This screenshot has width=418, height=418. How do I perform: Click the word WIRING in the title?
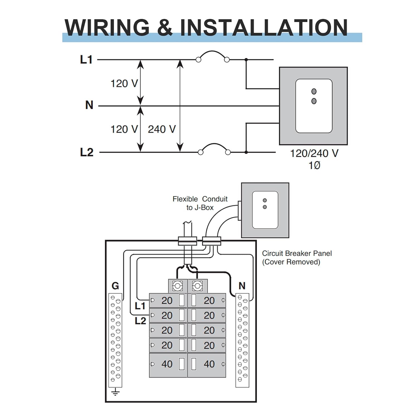(x=107, y=27)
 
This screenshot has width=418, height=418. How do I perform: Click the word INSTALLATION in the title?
(x=264, y=27)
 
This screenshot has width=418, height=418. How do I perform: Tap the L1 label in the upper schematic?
(x=86, y=60)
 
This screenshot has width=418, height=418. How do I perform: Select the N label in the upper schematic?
(x=89, y=105)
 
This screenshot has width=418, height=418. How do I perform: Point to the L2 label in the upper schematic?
(x=87, y=152)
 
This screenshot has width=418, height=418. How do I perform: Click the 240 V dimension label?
(x=162, y=129)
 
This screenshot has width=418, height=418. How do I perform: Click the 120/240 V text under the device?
(x=314, y=153)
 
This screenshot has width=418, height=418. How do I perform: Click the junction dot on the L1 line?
(x=246, y=60)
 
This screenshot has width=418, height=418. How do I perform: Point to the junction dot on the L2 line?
(x=246, y=152)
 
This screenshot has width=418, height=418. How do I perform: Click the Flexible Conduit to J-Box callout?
(x=200, y=203)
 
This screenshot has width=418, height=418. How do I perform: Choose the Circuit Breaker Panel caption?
(x=297, y=257)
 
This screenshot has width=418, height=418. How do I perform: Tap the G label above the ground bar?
(x=115, y=286)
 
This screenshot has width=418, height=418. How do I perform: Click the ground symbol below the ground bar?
(x=115, y=393)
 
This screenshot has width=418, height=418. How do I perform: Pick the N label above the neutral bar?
(x=242, y=286)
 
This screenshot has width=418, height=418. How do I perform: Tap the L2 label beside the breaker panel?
(x=140, y=321)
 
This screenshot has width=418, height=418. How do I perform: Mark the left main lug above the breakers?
(x=178, y=286)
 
